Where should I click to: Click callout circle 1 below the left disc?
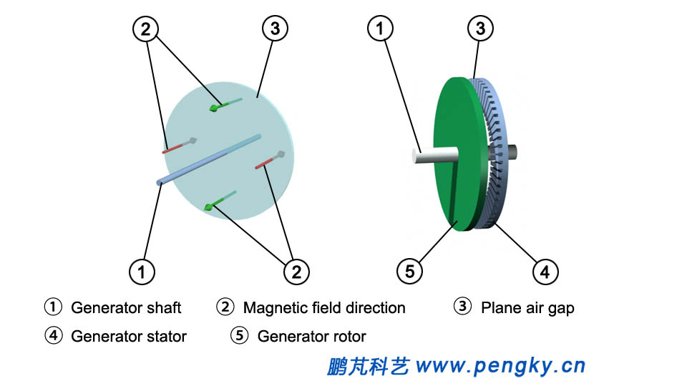142,271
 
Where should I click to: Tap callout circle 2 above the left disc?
145,29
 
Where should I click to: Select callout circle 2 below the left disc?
296,271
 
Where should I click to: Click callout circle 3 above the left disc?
275,29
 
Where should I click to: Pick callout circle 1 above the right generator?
379,29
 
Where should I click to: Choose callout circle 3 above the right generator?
481,29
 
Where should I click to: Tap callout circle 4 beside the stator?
545,271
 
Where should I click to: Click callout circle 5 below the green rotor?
409,271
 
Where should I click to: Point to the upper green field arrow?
225,104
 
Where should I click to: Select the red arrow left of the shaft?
180,145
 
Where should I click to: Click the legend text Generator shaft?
126,308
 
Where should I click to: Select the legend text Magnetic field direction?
324,308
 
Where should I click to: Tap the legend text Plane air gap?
527,308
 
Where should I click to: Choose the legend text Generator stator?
129,336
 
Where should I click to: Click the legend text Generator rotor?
311,336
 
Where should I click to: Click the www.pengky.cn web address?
500,367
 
